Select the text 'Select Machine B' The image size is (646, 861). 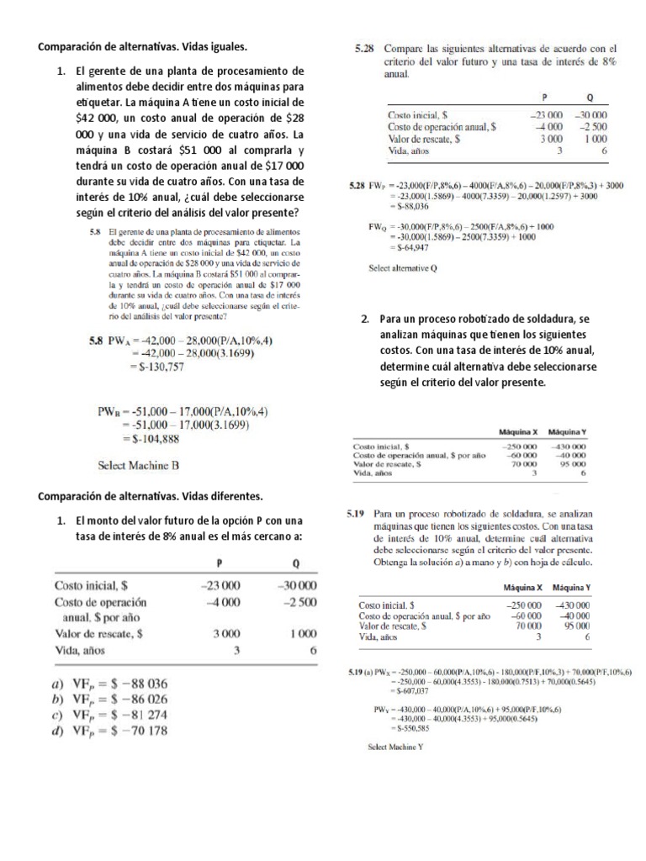[x=139, y=464]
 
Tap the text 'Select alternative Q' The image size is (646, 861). [x=404, y=269]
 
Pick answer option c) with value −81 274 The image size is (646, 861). [x=110, y=715]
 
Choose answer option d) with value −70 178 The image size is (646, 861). [x=110, y=731]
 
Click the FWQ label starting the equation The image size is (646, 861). [x=379, y=226]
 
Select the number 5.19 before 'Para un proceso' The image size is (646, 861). [x=358, y=511]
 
